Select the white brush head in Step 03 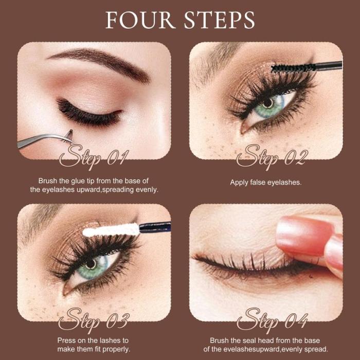tap(111, 229)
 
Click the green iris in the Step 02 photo tap(268, 105)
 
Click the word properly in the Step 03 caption tap(115, 349)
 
